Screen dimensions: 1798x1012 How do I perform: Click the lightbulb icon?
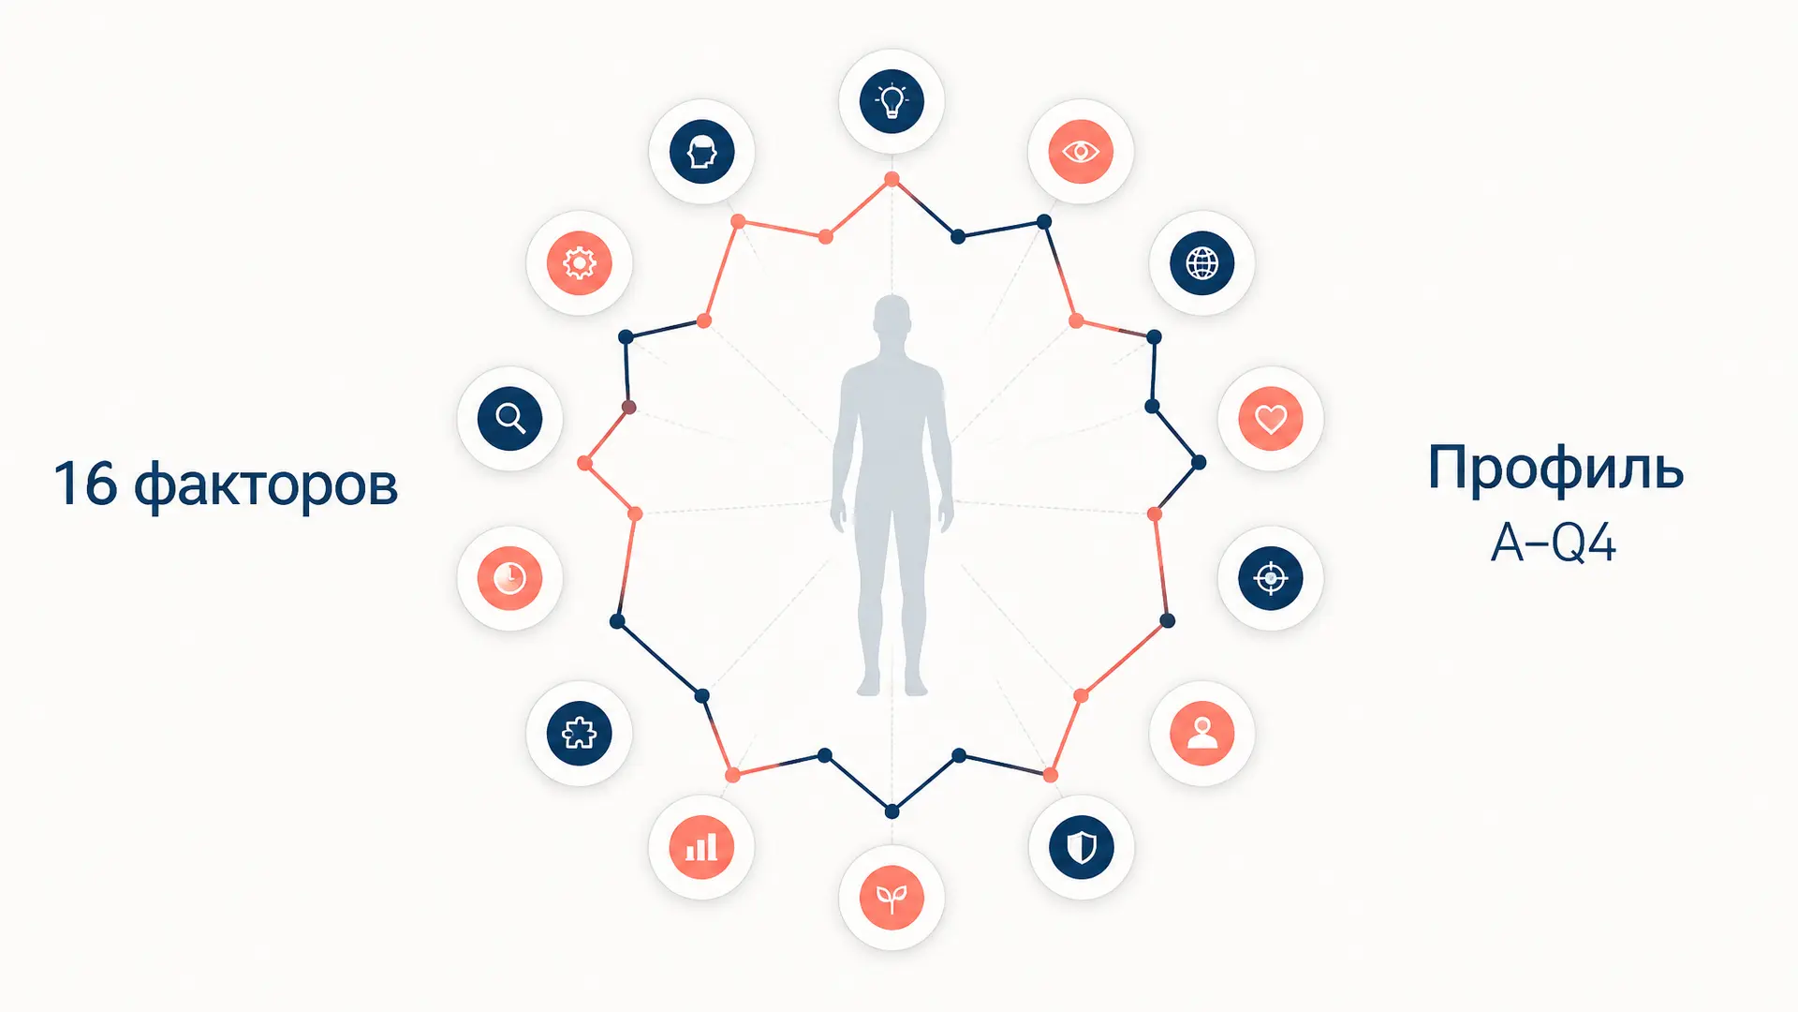click(892, 100)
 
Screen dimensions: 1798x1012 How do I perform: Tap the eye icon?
click(1081, 151)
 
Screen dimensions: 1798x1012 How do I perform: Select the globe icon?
click(1202, 263)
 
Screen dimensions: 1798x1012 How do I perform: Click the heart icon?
click(1271, 418)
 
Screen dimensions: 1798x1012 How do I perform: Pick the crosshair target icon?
click(1271, 578)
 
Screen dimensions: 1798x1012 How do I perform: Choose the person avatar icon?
click(1202, 733)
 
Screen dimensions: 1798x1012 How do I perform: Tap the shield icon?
click(1082, 847)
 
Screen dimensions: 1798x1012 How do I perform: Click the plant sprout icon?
click(892, 898)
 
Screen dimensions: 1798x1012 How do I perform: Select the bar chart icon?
click(701, 847)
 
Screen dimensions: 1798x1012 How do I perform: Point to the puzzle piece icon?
click(579, 733)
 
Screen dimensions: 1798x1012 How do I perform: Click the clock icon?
click(509, 578)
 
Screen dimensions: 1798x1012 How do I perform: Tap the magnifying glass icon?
click(509, 418)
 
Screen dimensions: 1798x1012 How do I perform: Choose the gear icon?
click(579, 263)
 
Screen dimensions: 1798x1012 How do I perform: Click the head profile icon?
click(701, 151)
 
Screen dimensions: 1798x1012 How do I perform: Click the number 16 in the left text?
click(85, 484)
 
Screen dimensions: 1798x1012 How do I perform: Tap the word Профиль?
click(1555, 468)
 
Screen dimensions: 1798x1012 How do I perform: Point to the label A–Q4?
click(1554, 543)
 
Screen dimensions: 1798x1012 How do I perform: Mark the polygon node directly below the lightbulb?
click(892, 179)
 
